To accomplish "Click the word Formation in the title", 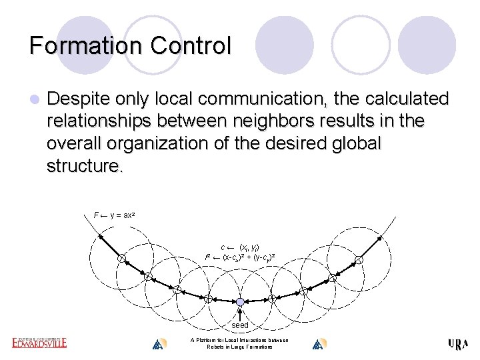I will pos(86,45).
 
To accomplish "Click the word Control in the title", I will pos(191,45).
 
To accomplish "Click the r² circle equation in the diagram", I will pos(239,257).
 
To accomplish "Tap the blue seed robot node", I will pos(240,301).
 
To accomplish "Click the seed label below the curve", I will pos(240,325).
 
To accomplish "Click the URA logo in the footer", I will pos(458,344).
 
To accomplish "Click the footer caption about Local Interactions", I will pos(239,343).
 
